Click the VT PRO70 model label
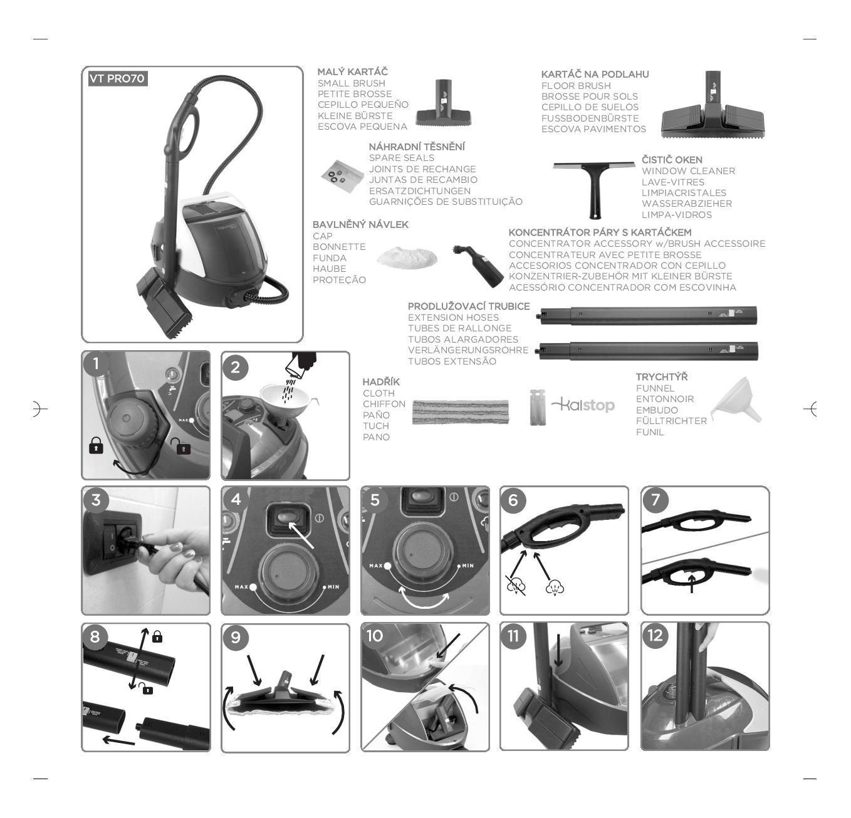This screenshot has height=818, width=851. pos(118,79)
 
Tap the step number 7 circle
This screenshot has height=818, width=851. pos(655,499)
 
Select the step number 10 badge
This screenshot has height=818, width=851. pos(375,636)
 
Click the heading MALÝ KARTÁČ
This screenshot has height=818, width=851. pos(352,71)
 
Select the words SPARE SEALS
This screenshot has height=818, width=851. pos(402,158)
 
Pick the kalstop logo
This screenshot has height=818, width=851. pos(583,405)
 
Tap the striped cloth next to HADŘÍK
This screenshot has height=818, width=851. pos(461,412)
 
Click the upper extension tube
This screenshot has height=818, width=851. pos(648,315)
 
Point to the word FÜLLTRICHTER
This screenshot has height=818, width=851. pos(671,421)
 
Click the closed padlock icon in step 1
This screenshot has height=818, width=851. pos(97,445)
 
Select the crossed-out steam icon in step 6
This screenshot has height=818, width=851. pos(516,586)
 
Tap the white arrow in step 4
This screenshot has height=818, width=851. pos(301,535)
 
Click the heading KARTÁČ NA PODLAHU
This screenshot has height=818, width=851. pos(595,75)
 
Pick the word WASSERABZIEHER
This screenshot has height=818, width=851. pos(687,204)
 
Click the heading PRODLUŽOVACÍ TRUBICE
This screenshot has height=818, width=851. pos(469,306)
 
